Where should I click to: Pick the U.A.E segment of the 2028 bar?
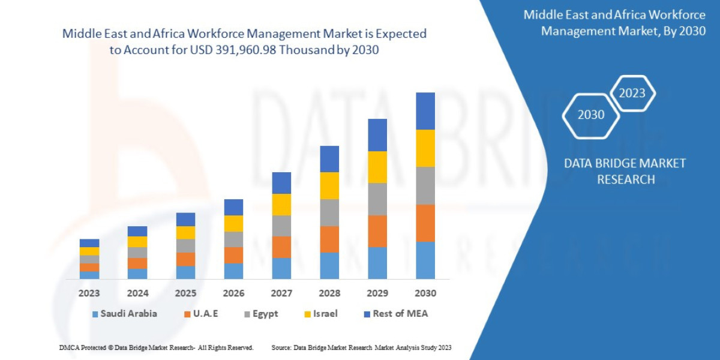click(x=329, y=239)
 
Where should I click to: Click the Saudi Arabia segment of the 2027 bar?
click(x=281, y=268)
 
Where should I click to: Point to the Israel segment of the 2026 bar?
click(x=233, y=223)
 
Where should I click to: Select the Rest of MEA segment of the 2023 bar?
click(x=89, y=243)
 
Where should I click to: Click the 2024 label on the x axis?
click(x=137, y=293)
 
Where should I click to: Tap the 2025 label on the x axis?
click(x=185, y=293)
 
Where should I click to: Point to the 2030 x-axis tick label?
click(x=425, y=293)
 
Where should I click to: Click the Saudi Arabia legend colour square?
click(x=95, y=314)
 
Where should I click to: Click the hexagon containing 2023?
click(x=632, y=93)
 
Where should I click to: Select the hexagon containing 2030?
click(x=591, y=115)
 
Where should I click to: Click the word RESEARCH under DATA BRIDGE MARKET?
click(x=625, y=179)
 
